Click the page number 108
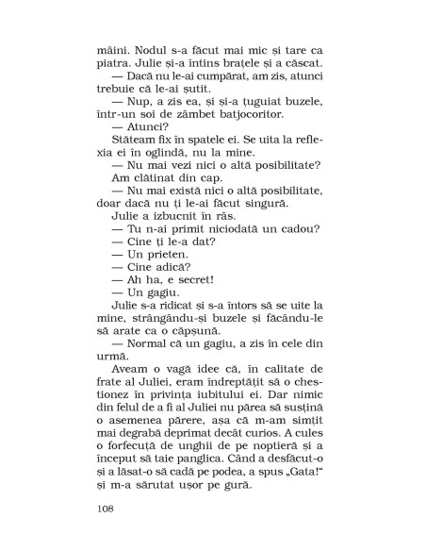(106, 510)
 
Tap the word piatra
(114, 61)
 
